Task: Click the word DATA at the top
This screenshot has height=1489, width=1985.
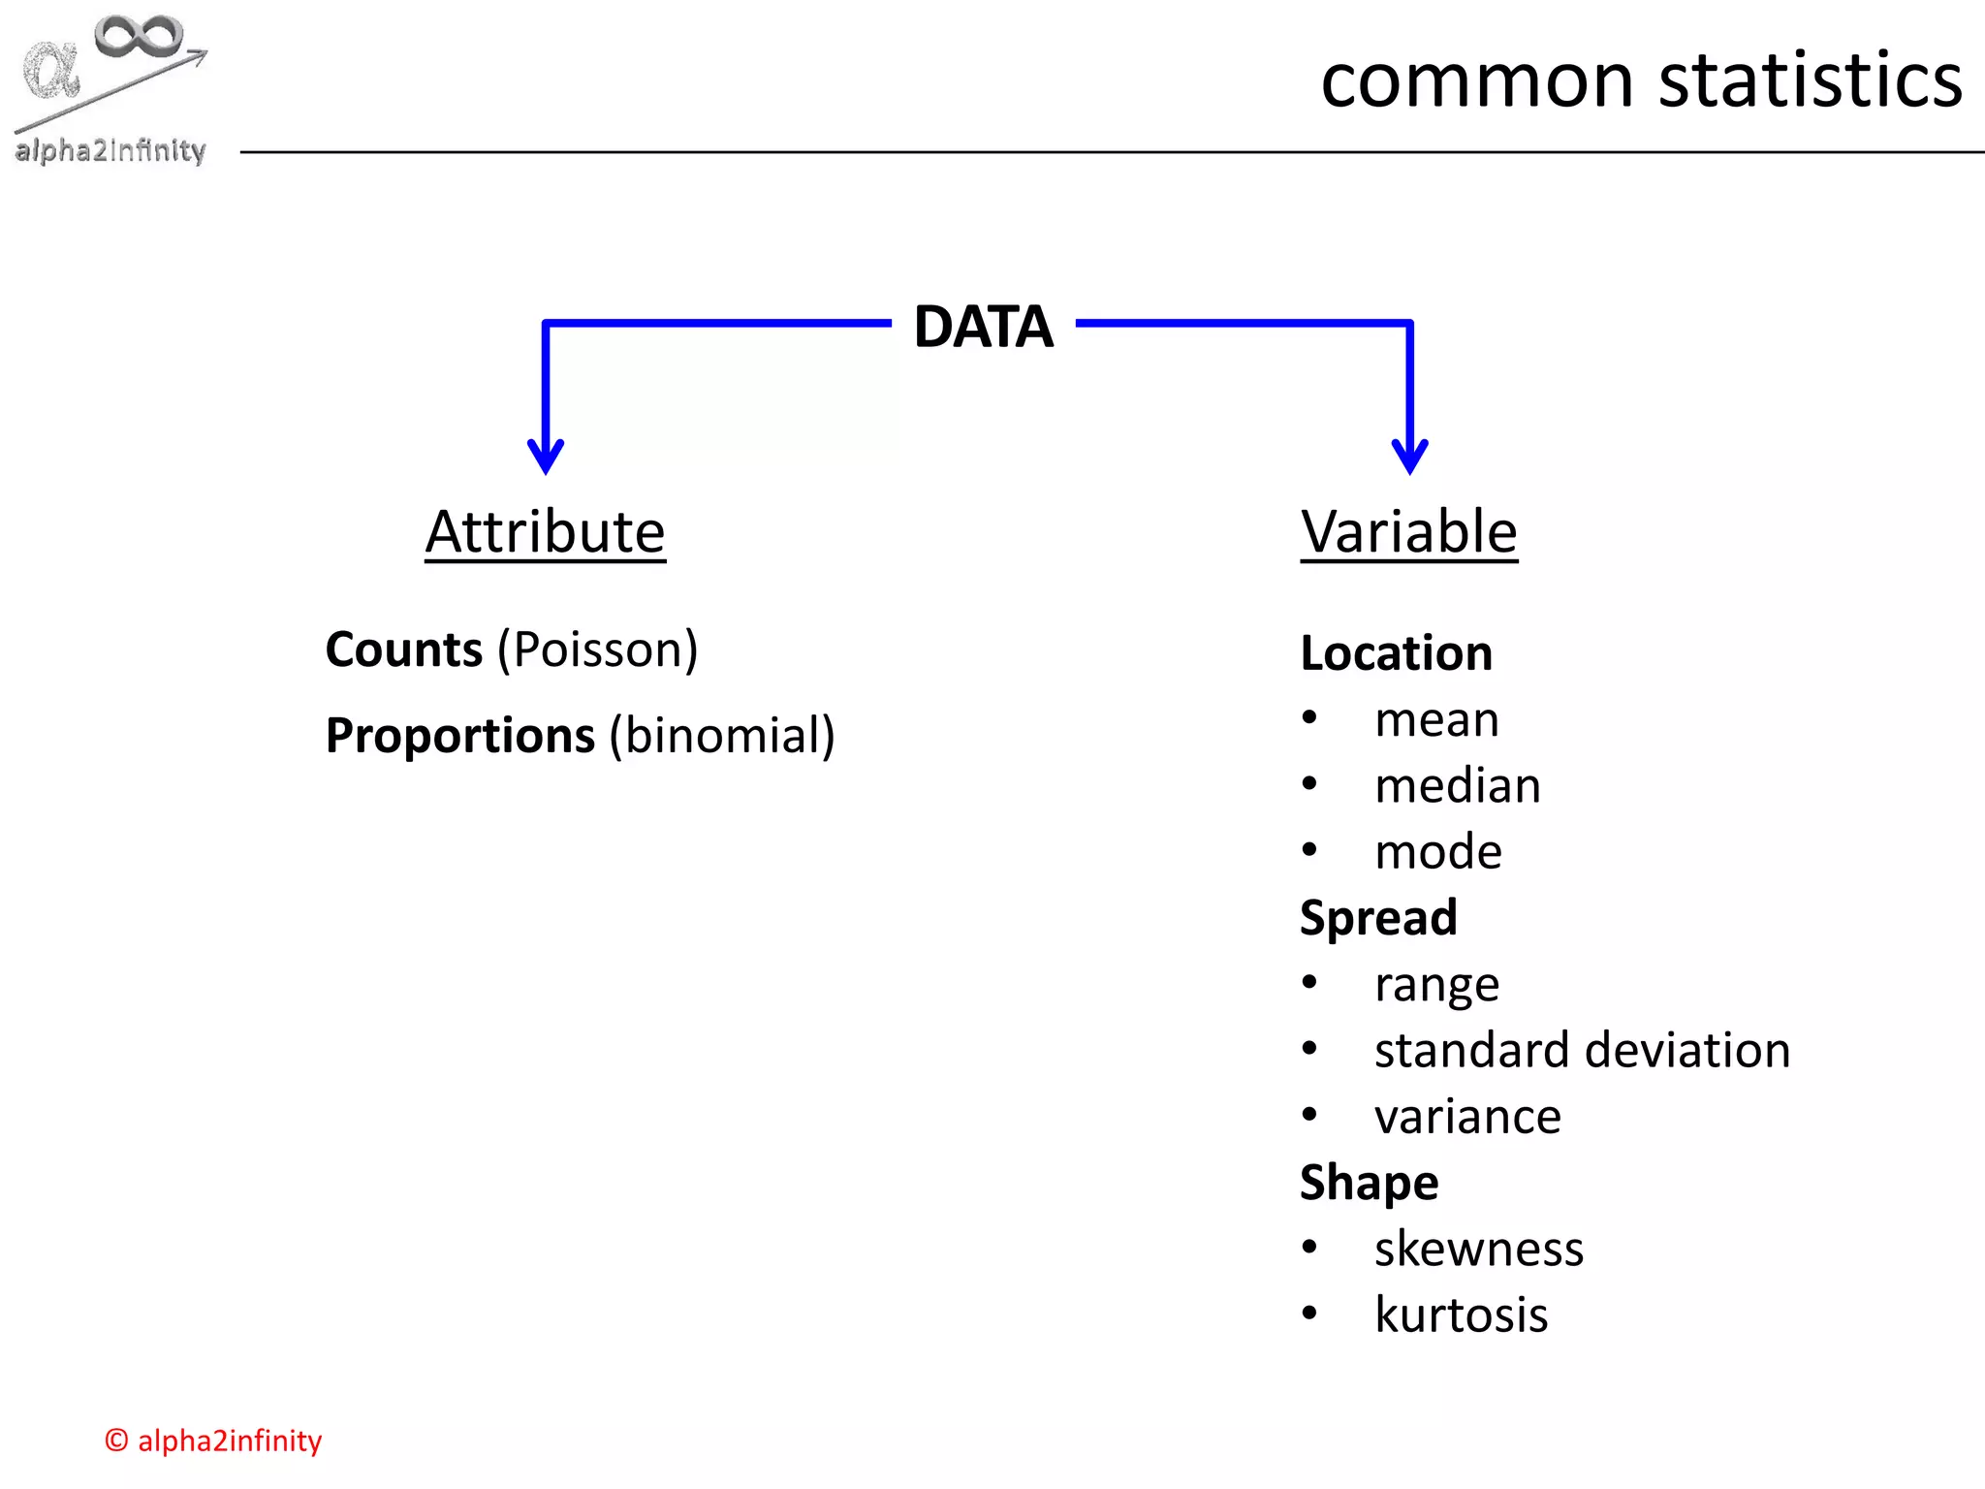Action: click(982, 327)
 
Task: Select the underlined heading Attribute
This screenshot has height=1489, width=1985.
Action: click(545, 532)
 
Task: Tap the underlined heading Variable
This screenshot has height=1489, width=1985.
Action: click(1408, 532)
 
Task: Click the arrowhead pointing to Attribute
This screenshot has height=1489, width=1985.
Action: click(546, 456)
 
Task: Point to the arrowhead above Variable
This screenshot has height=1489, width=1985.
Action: click(1409, 456)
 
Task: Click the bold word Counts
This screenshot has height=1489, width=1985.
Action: click(403, 649)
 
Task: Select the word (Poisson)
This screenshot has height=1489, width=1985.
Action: click(597, 649)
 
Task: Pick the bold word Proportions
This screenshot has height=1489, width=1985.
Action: click(459, 736)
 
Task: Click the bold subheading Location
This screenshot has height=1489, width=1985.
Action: click(1396, 653)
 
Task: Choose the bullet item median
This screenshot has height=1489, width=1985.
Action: click(1457, 785)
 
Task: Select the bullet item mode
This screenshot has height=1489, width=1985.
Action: click(1437, 852)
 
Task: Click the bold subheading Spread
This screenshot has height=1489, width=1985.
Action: click(1377, 918)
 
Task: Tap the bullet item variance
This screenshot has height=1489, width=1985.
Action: click(1466, 1117)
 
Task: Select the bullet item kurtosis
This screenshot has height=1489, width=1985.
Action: click(1461, 1315)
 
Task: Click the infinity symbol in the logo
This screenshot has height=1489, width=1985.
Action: click(139, 36)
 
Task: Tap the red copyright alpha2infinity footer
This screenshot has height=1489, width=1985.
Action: click(213, 1441)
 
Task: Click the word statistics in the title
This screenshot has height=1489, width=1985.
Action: click(1810, 80)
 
